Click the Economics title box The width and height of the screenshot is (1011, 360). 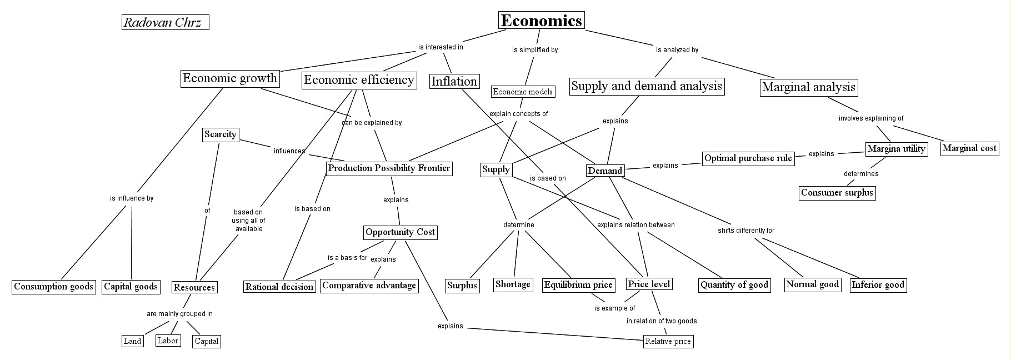tap(541, 21)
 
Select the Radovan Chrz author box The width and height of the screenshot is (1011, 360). tap(165, 22)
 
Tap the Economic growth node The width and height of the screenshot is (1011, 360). tap(230, 78)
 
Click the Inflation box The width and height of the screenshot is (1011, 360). tap(454, 82)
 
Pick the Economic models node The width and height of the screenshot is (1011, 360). tap(523, 92)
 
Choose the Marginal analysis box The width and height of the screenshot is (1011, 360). tap(808, 87)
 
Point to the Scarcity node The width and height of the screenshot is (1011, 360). tap(221, 134)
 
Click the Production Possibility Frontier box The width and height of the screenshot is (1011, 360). tap(389, 168)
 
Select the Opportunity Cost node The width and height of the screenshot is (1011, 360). tap(400, 232)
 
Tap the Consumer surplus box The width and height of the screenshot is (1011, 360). tap(837, 193)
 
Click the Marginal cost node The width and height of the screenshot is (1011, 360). tap(969, 148)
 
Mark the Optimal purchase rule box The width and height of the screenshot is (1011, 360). tap(748, 158)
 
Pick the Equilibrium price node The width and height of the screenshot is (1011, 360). tap(578, 285)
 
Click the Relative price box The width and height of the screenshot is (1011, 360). tap(668, 341)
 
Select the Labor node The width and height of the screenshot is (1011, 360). tap(167, 341)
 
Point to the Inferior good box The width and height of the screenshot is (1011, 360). tap(878, 285)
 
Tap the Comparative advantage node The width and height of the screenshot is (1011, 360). tap(369, 286)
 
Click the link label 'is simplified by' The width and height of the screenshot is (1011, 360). tap(534, 50)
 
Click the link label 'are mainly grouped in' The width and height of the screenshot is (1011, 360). tap(179, 314)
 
